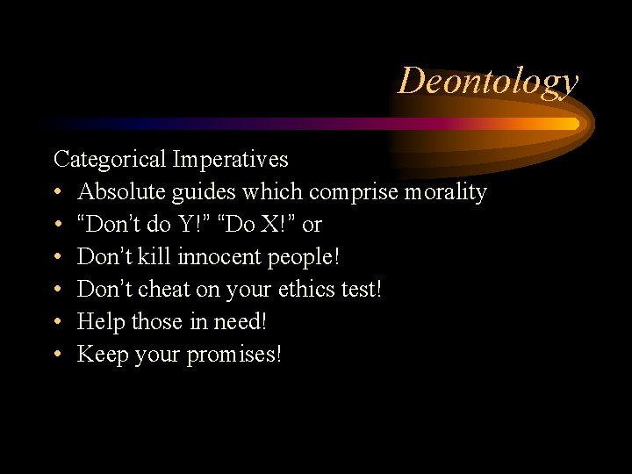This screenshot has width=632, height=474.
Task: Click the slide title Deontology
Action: (x=488, y=81)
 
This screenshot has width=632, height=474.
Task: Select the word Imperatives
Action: (x=230, y=160)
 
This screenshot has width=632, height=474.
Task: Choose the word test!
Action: (x=362, y=290)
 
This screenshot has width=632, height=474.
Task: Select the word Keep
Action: (x=102, y=355)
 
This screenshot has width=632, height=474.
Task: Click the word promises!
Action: (x=234, y=355)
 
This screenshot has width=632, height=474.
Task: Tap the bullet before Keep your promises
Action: (x=57, y=355)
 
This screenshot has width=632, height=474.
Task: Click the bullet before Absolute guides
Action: (x=57, y=192)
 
